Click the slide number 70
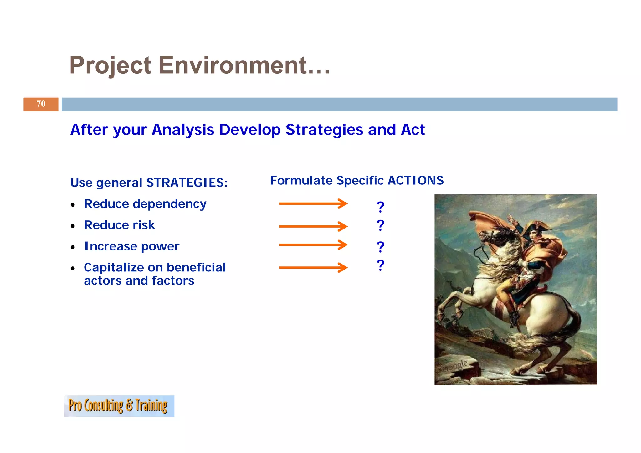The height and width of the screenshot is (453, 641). point(41,104)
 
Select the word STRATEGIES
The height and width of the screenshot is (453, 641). point(187,183)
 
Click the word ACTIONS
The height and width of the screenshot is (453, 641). point(415,180)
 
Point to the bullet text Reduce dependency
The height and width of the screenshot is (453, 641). point(145,204)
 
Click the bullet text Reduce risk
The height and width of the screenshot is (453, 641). point(119,225)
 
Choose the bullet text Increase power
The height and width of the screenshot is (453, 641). point(132,246)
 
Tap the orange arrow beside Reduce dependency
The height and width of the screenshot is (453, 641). point(313,203)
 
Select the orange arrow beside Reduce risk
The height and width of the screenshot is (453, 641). point(313,226)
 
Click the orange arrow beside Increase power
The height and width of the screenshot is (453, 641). point(313,245)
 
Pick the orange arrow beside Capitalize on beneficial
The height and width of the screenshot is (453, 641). point(313,267)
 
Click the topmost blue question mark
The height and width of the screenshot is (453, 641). point(380,207)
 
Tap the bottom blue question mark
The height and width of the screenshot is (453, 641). point(380,265)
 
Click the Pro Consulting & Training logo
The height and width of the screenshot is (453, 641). point(119,406)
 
